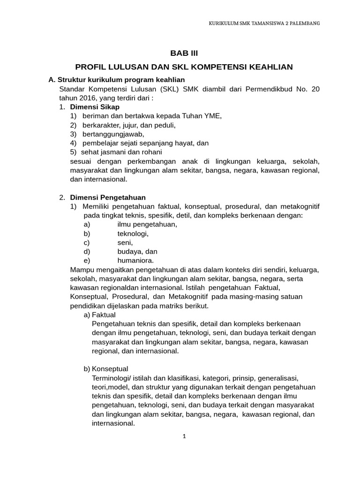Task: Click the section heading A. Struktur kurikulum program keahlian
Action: pyautogui.click(x=117, y=80)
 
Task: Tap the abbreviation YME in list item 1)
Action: pyautogui.click(x=211, y=116)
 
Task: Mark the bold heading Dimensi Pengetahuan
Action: pyautogui.click(x=108, y=197)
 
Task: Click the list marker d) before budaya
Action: pyautogui.click(x=86, y=251)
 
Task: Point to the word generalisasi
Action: pyautogui.click(x=277, y=378)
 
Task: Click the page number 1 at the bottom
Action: pyautogui.click(x=184, y=436)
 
